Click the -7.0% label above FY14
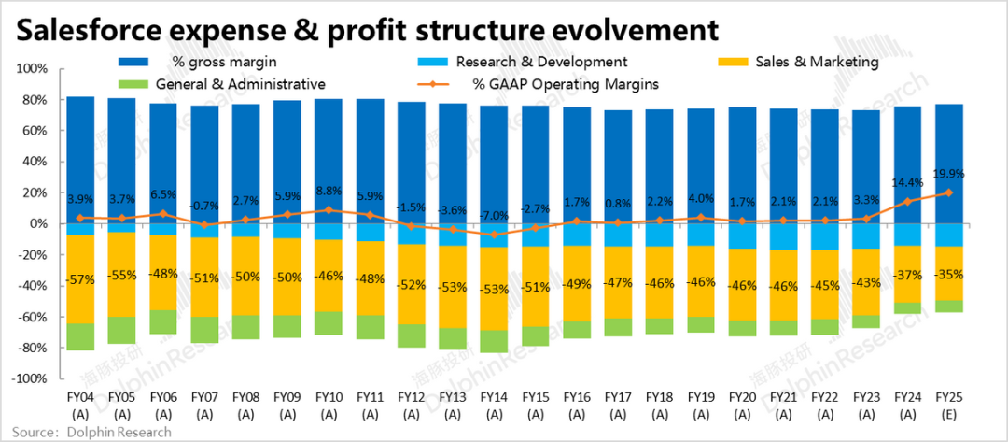[495, 216]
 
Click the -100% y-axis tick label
[31, 379]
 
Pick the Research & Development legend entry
[540, 62]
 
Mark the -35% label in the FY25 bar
[949, 274]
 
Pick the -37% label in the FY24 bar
[906, 274]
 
